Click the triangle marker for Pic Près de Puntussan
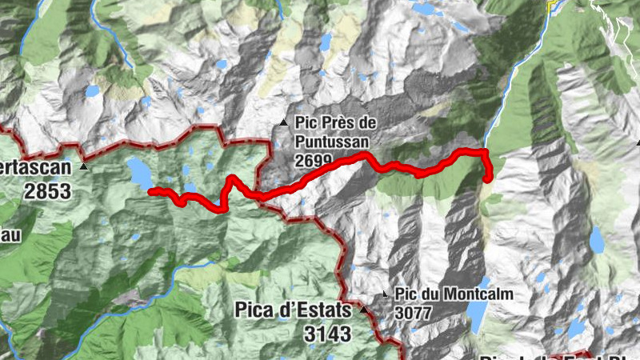[x=283, y=122]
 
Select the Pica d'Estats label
[x=293, y=310]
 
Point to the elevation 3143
[x=327, y=333]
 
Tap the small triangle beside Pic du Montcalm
[x=386, y=294]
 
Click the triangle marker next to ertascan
[x=84, y=167]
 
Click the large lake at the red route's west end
[x=139, y=173]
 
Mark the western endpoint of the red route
[x=151, y=190]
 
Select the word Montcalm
[x=477, y=294]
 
